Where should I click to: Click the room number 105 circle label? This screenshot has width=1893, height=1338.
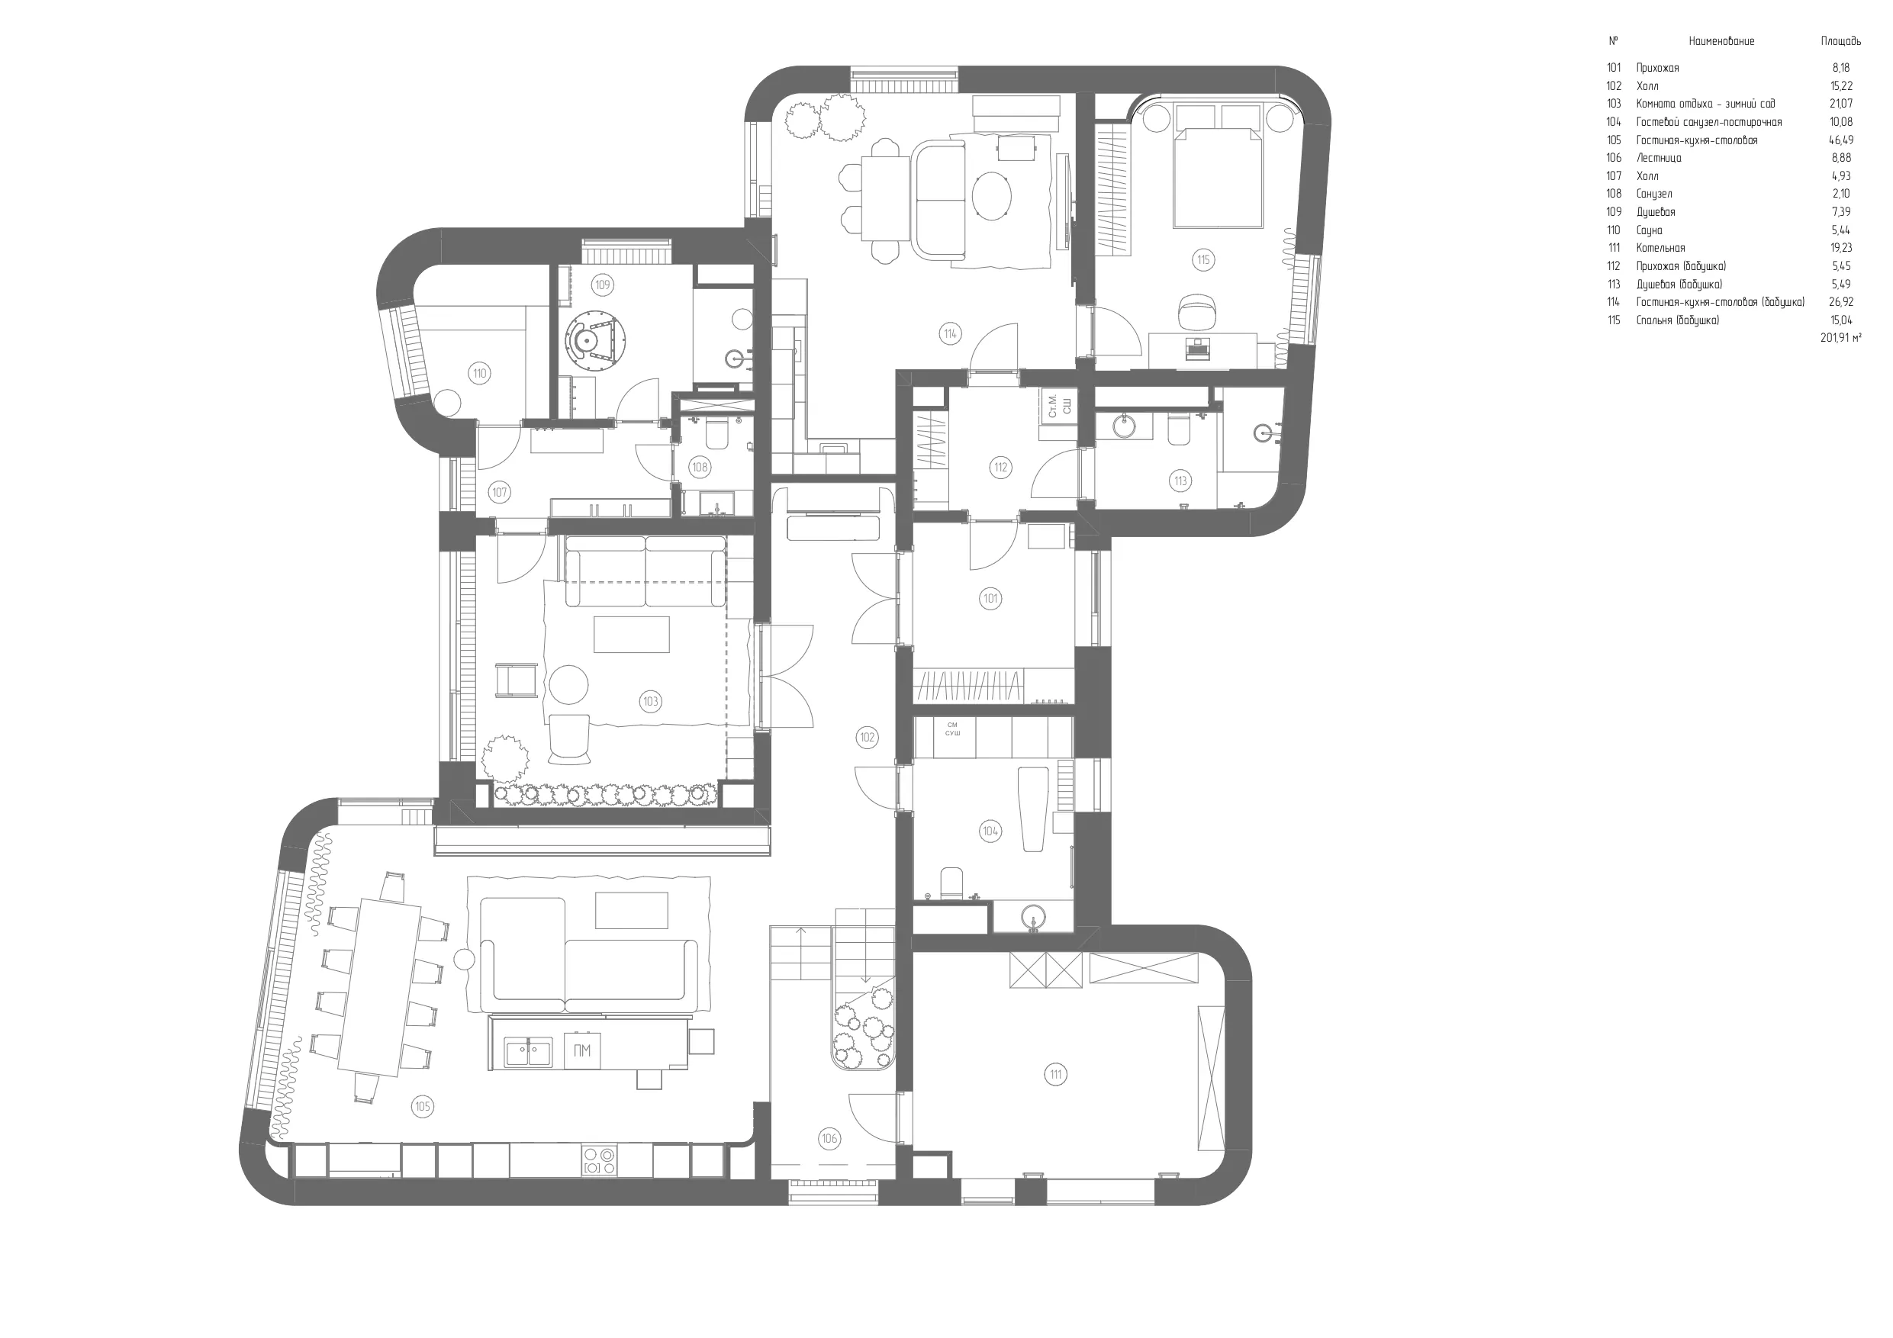coord(423,1106)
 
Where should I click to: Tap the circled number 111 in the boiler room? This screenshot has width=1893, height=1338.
coord(1056,1074)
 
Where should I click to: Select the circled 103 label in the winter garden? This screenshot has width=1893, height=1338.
coord(651,702)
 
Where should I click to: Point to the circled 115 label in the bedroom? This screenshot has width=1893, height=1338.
coord(1204,259)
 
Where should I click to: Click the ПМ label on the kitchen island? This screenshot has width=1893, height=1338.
coord(582,1050)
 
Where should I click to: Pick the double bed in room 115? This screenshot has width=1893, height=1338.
coord(1218,165)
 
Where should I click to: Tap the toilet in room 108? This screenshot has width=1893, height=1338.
coord(716,433)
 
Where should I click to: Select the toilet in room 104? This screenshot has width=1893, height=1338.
coord(951,883)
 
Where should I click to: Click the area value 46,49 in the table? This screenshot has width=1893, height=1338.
coord(1841,140)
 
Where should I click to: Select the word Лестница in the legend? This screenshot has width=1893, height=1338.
coord(1659,158)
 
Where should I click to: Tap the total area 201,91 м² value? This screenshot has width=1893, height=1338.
coord(1841,337)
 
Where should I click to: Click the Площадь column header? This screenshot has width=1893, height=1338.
coord(1841,41)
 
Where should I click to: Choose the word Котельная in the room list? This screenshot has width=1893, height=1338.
coord(1660,248)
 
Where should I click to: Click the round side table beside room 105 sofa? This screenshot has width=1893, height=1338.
coord(464,960)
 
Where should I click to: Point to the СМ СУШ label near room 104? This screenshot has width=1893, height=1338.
coord(952,729)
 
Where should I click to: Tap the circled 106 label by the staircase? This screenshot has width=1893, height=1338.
coord(829,1138)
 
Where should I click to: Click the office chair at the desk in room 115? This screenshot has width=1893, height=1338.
coord(1196,310)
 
